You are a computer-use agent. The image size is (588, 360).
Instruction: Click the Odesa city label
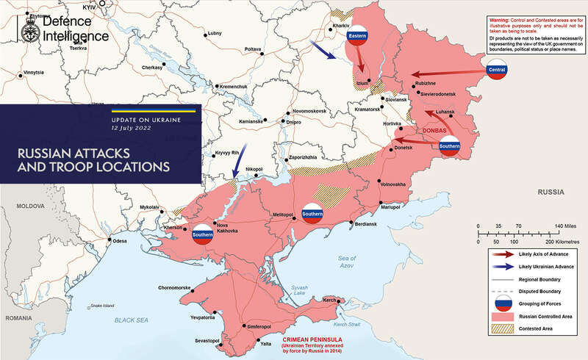tap(121, 241)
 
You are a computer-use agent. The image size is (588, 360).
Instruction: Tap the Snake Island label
tap(104, 306)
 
